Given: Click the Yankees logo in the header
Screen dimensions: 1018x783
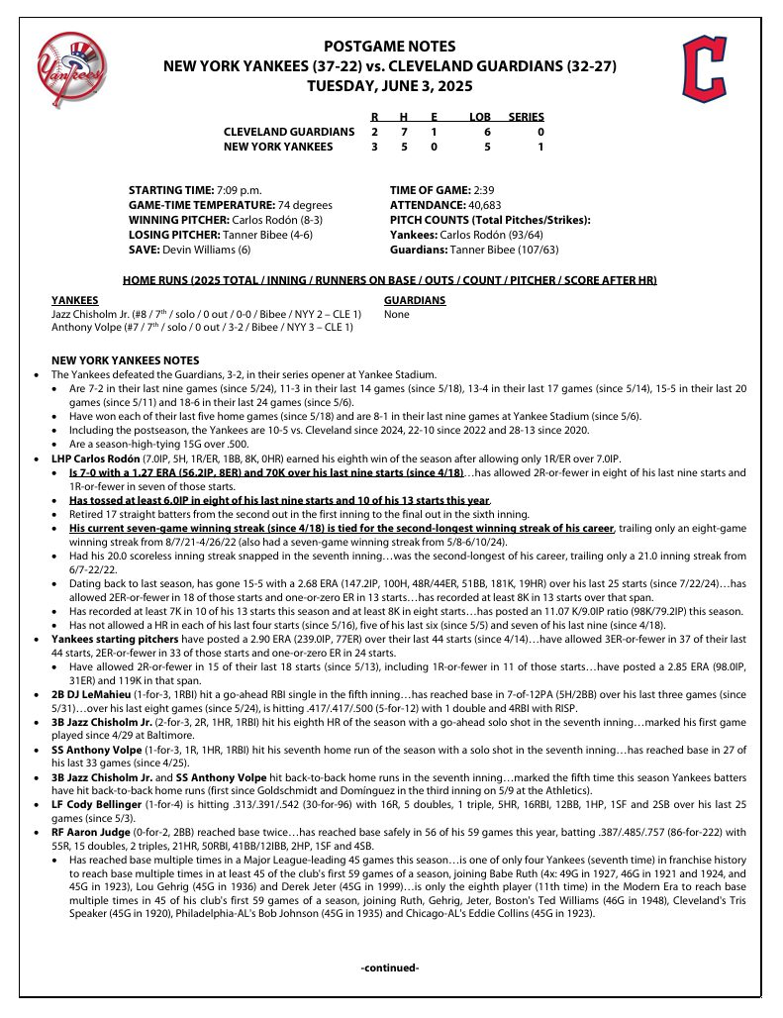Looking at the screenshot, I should pyautogui.click(x=70, y=65).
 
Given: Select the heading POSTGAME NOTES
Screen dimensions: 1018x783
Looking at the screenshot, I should pyautogui.click(x=390, y=47).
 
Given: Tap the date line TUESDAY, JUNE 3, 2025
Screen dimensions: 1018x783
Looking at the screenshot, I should pyautogui.click(x=390, y=86).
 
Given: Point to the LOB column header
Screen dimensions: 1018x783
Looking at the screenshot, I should pyautogui.click(x=480, y=117).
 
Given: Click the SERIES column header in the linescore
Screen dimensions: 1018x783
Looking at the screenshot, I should pyautogui.click(x=526, y=117).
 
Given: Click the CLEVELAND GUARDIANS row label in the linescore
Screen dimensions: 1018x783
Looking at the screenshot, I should pyautogui.click(x=288, y=132).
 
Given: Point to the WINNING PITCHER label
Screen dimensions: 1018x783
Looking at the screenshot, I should pyautogui.click(x=178, y=220).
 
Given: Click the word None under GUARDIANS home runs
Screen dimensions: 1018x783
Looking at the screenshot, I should pyautogui.click(x=396, y=315).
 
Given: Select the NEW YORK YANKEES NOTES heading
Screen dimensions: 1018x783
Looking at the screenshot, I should pyautogui.click(x=125, y=360).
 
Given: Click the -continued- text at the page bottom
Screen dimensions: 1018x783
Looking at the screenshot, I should pyautogui.click(x=390, y=967).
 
